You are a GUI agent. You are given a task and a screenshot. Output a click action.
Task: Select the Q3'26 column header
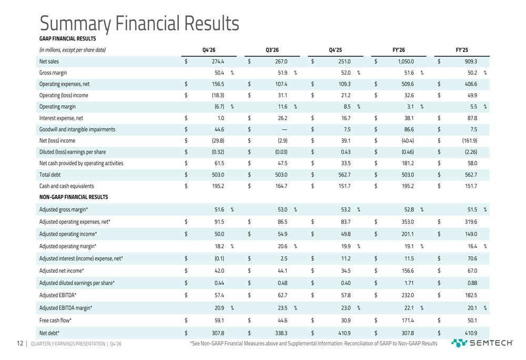click(272, 50)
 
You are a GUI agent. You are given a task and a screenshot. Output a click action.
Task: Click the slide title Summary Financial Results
click(139, 22)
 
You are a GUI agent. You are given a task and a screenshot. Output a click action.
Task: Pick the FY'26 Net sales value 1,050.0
click(403, 61)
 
